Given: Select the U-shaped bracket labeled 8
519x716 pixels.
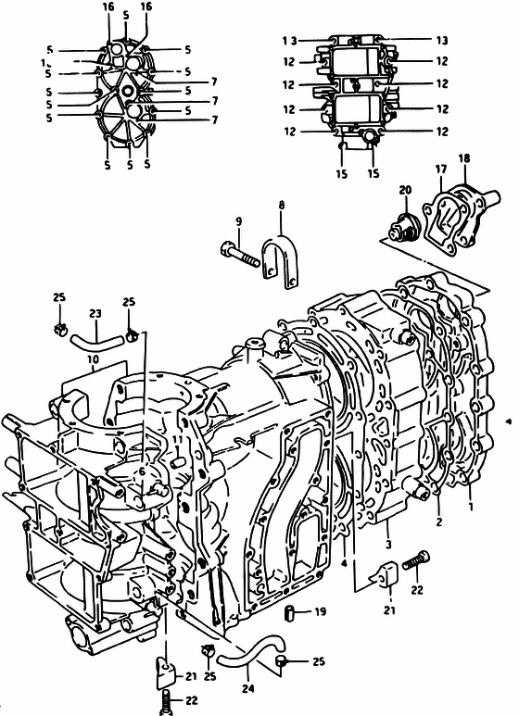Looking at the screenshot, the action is [x=280, y=261].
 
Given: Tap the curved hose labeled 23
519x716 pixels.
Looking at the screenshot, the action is [x=97, y=342].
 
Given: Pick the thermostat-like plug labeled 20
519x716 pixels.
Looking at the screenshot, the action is [x=402, y=227].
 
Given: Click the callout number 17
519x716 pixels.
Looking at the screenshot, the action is [x=440, y=169].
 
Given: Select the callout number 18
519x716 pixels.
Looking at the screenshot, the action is [x=463, y=158].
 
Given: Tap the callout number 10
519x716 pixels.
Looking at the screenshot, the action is [x=94, y=359].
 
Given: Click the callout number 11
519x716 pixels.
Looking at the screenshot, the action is [x=178, y=440].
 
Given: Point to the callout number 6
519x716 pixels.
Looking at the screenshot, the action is [x=142, y=471].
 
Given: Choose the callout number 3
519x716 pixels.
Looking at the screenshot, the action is [x=388, y=545].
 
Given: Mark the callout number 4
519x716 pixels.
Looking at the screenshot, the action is [x=344, y=563].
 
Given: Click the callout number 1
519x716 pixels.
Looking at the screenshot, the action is [x=471, y=506].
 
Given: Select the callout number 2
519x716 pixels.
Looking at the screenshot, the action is [x=439, y=521].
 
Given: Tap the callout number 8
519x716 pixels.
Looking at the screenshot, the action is [x=282, y=205].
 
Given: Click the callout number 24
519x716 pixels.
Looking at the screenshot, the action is [x=247, y=688].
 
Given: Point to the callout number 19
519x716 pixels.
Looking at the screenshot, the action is [x=321, y=611].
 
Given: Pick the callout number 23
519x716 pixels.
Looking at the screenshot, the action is [x=95, y=314].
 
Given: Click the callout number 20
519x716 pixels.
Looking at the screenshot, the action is [x=405, y=190].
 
